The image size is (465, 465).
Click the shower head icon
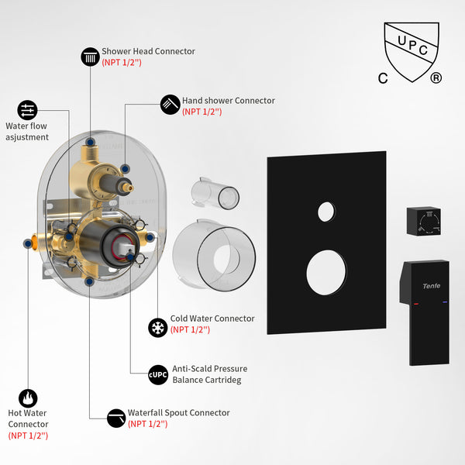[x=91, y=56]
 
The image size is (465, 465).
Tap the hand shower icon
[x=170, y=105]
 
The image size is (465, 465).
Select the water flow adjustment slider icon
[x=27, y=109]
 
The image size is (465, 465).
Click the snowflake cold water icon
[x=158, y=326]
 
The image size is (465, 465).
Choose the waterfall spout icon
[x=117, y=417]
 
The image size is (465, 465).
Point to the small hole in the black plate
[x=326, y=211]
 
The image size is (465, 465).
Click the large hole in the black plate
[x=326, y=274]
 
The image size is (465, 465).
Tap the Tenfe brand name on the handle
[x=432, y=287]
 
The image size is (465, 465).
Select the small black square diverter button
[x=425, y=222]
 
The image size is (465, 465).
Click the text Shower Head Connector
[x=148, y=51]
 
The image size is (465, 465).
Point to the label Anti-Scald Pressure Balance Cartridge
[x=209, y=374]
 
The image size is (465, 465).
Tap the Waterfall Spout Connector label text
[x=178, y=413]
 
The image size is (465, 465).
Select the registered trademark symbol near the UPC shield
[x=436, y=77]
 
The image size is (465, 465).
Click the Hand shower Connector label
[x=228, y=101]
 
